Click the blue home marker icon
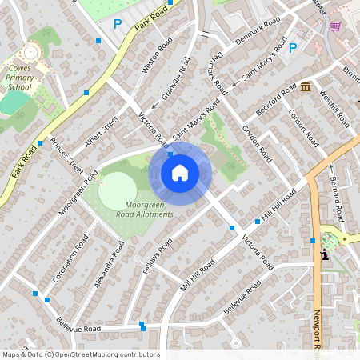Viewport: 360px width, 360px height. coord(180,173)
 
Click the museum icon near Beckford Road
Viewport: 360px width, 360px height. coord(306,86)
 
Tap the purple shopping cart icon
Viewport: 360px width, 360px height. coord(335,26)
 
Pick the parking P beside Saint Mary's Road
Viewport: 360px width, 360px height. coord(292,47)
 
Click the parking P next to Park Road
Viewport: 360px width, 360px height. coord(118,24)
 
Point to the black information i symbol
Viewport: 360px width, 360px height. coord(325,255)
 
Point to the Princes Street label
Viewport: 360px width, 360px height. coord(66,156)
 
